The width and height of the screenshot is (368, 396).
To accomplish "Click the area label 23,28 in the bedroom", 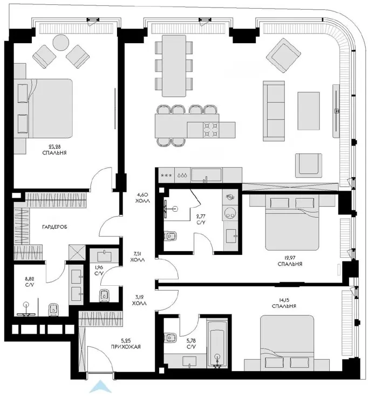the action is pos(54,146).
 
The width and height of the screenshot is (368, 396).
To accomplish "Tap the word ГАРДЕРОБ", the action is pos(54,227).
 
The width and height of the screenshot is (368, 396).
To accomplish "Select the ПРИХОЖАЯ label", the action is pos(126,347).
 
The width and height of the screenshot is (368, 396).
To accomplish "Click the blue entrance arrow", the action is pos(100,387).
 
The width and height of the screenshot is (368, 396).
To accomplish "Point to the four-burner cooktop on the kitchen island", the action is pos(210,130).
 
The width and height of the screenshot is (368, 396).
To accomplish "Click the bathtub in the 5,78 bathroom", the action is pos(217,344).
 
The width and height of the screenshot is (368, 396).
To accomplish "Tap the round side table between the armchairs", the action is pos(61,42).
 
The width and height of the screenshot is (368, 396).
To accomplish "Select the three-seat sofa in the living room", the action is pos(274,111).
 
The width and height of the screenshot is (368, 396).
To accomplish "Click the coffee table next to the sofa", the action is pos(309,111).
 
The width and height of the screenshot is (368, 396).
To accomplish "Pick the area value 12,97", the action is pos(290,258).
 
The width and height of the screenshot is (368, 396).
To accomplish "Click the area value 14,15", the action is pos(284,300).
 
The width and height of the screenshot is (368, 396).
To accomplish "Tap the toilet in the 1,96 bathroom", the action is pos(104,295).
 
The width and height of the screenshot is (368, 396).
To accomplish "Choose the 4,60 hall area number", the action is pos(142,194).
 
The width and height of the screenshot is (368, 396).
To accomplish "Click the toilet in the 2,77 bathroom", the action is pos(171,236).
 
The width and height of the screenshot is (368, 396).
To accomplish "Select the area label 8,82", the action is pos(29,279).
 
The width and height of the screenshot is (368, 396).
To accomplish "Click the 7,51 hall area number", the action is pos(138,253).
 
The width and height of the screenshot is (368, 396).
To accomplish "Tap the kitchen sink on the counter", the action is pos(206,174).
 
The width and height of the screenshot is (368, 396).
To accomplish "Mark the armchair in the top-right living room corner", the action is pos(283,56).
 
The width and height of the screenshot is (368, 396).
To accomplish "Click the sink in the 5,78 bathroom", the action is pos(189,361).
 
